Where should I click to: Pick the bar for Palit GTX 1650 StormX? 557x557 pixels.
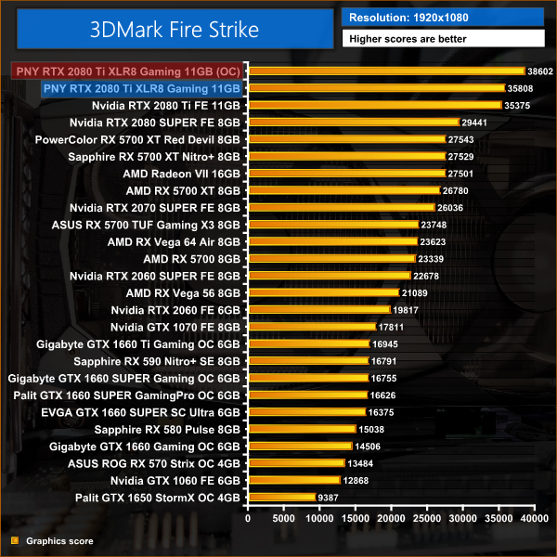[281, 498]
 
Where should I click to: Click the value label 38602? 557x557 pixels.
[539, 71]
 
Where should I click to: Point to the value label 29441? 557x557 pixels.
[474, 123]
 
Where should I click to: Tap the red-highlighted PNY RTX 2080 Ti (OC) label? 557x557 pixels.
[126, 71]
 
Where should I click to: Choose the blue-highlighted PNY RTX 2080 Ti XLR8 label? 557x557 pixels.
[141, 88]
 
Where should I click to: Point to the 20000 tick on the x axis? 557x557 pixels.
[390, 519]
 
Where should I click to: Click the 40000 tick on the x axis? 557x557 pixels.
[532, 519]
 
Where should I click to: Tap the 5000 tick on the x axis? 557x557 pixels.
[283, 519]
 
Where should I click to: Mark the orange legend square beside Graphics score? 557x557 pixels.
[14, 540]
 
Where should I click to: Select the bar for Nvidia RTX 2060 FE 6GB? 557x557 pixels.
[318, 310]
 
